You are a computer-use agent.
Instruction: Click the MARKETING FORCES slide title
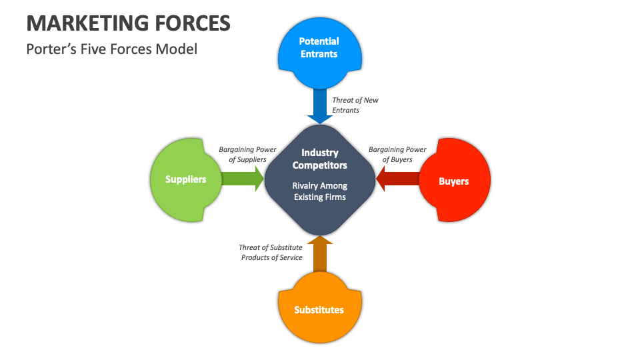[128, 23]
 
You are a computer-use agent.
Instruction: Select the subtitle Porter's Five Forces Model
[111, 49]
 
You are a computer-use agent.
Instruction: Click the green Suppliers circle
[185, 179]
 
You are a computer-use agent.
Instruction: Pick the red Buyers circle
[454, 181]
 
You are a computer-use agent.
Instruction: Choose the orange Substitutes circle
[319, 310]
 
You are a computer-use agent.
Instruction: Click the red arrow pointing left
[398, 179]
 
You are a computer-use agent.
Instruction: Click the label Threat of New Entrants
[355, 105]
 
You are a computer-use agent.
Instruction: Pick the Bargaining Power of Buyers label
[397, 155]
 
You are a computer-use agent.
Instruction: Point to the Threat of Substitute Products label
[271, 252]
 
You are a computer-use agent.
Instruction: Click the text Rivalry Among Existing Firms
[319, 191]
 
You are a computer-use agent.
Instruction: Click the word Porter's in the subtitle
[48, 49]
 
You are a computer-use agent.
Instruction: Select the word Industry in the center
[319, 153]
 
